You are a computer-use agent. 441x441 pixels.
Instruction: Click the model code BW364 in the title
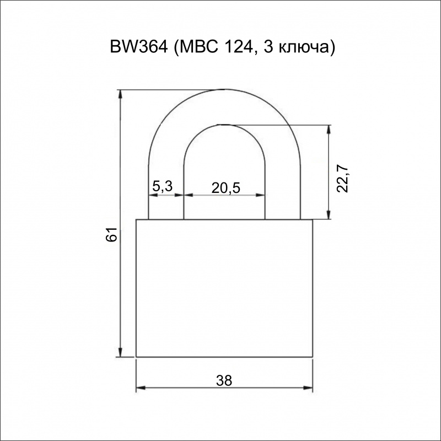pos(139,47)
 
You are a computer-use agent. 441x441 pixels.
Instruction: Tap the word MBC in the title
pos(198,47)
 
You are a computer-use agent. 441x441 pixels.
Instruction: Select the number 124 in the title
pos(238,47)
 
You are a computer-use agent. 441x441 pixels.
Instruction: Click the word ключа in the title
pos(305,49)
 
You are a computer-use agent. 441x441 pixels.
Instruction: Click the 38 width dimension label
pos(224,380)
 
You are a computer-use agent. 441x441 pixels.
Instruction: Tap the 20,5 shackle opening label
pos(226,188)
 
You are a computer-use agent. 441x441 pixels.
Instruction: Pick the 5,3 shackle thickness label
pos(162,186)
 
